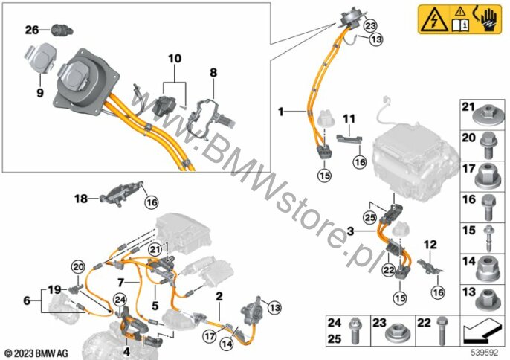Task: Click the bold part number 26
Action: coord(31,30)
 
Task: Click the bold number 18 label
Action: coord(80,199)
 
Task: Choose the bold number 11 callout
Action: coord(349,118)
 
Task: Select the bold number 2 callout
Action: coord(219,297)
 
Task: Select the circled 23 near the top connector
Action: coord(351,25)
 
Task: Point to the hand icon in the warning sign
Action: coord(492,19)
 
